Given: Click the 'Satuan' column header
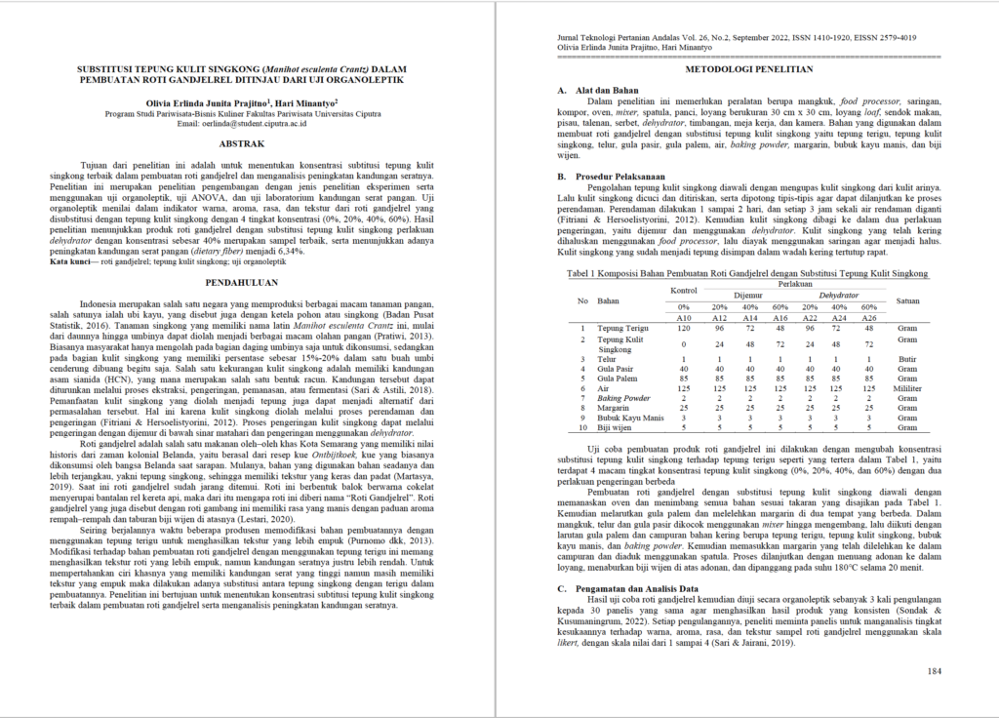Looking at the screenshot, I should click(x=908, y=300).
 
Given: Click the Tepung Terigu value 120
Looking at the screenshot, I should click(x=683, y=329).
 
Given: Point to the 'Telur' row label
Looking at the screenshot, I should click(x=607, y=360).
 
